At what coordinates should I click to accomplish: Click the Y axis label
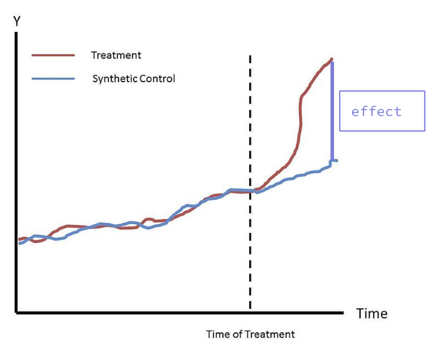click(x=16, y=21)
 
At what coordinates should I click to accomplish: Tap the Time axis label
click(x=371, y=314)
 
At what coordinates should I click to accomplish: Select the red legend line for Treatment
click(x=53, y=55)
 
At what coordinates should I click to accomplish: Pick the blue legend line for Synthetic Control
click(x=53, y=79)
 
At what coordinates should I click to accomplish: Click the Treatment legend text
click(x=116, y=55)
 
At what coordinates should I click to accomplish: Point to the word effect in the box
click(x=376, y=111)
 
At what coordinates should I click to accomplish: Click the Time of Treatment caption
click(x=250, y=334)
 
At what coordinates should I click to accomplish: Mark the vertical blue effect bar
click(x=331, y=110)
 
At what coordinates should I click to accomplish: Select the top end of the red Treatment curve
click(x=332, y=59)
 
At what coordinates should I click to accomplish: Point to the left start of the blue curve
click(x=19, y=243)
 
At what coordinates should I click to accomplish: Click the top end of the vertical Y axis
click(x=16, y=33)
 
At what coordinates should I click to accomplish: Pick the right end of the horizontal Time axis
click(x=343, y=313)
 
